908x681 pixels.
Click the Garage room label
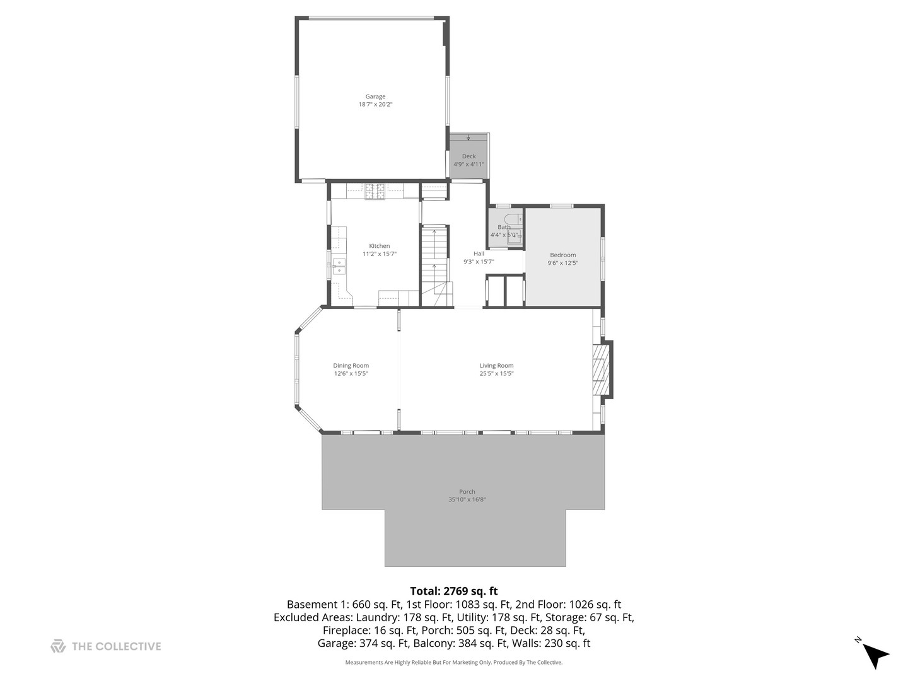[x=375, y=96]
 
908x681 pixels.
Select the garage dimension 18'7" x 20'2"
[x=375, y=105]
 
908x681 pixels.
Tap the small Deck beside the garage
[x=469, y=156]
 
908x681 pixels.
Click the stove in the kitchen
[x=375, y=191]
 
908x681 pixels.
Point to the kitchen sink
[x=339, y=266]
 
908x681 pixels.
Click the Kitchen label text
[x=380, y=246]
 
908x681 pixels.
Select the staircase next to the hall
[x=434, y=265]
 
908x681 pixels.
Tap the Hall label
[x=479, y=253]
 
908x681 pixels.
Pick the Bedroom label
[x=562, y=255]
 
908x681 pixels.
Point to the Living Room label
[x=496, y=366]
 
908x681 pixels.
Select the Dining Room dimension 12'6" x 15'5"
[x=351, y=374]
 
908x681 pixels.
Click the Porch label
[x=467, y=492]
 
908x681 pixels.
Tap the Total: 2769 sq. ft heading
[x=453, y=591]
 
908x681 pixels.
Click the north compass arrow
[x=875, y=654]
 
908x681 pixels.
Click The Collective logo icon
[x=58, y=646]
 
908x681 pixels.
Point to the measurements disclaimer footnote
[x=453, y=663]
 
